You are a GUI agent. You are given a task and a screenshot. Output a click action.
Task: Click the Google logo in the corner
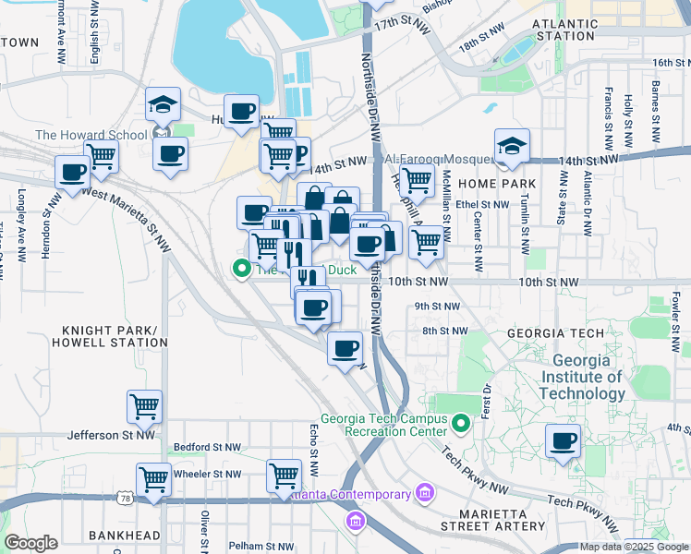tap(30, 543)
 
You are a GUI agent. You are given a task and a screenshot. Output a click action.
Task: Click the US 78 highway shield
tap(124, 499)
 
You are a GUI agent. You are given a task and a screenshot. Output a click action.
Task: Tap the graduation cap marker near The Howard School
tap(164, 105)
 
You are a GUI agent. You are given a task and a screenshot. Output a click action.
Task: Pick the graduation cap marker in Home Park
tap(511, 146)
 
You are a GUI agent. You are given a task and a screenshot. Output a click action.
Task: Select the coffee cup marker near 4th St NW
tap(563, 441)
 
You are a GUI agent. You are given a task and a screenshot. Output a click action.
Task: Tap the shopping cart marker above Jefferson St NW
tap(144, 405)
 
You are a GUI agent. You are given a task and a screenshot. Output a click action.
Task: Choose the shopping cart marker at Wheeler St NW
tap(153, 478)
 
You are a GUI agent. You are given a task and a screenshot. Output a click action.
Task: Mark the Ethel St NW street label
tap(481, 205)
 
